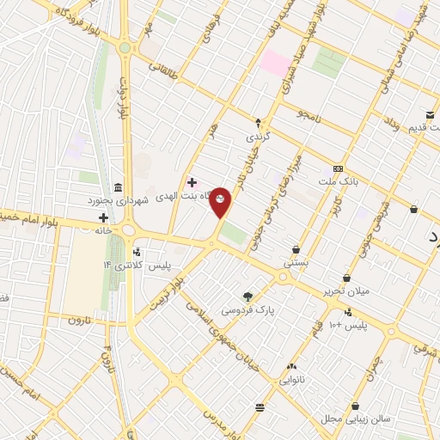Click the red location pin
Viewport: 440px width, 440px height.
coord(221,201)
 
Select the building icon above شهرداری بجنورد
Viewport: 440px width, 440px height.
coord(118,188)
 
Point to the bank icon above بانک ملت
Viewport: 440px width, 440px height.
coord(339,168)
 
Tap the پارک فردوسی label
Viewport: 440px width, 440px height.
coord(248,308)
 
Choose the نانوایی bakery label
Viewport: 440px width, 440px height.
coord(290,378)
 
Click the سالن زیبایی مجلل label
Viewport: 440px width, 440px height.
coord(355,419)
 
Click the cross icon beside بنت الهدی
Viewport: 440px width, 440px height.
coord(192,182)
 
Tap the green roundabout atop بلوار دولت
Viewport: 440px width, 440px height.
coord(125,49)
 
